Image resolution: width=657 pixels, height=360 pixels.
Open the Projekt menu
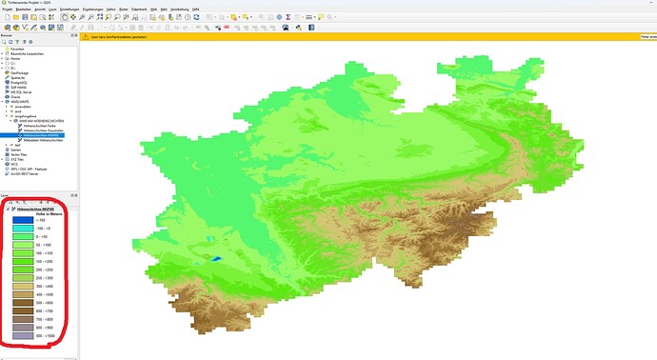[x=7, y=9]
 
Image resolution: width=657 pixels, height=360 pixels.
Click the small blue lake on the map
[x=215, y=258]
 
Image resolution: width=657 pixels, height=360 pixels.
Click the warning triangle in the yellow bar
[x=84, y=38]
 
